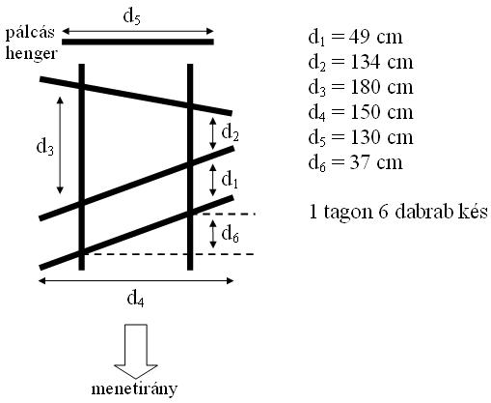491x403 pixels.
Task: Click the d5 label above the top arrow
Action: coord(132,16)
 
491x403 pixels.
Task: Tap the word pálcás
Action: coord(30,33)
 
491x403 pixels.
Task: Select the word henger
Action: coord(31,53)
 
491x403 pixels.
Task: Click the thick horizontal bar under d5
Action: coord(138,42)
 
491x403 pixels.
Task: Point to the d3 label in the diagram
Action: coord(45,147)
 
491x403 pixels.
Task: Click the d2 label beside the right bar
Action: coord(231,132)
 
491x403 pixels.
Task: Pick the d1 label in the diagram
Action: coord(230,179)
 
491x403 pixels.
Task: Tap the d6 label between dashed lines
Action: coord(231,233)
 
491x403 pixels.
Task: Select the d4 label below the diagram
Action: coord(136,299)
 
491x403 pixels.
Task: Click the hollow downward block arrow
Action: coord(136,351)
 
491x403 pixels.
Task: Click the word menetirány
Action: coord(134,389)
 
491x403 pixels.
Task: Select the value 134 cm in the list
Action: coord(381,62)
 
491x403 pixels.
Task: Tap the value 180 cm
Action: coord(381,87)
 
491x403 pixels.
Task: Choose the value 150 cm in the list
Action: coord(381,112)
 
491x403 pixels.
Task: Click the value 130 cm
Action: coord(381,137)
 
